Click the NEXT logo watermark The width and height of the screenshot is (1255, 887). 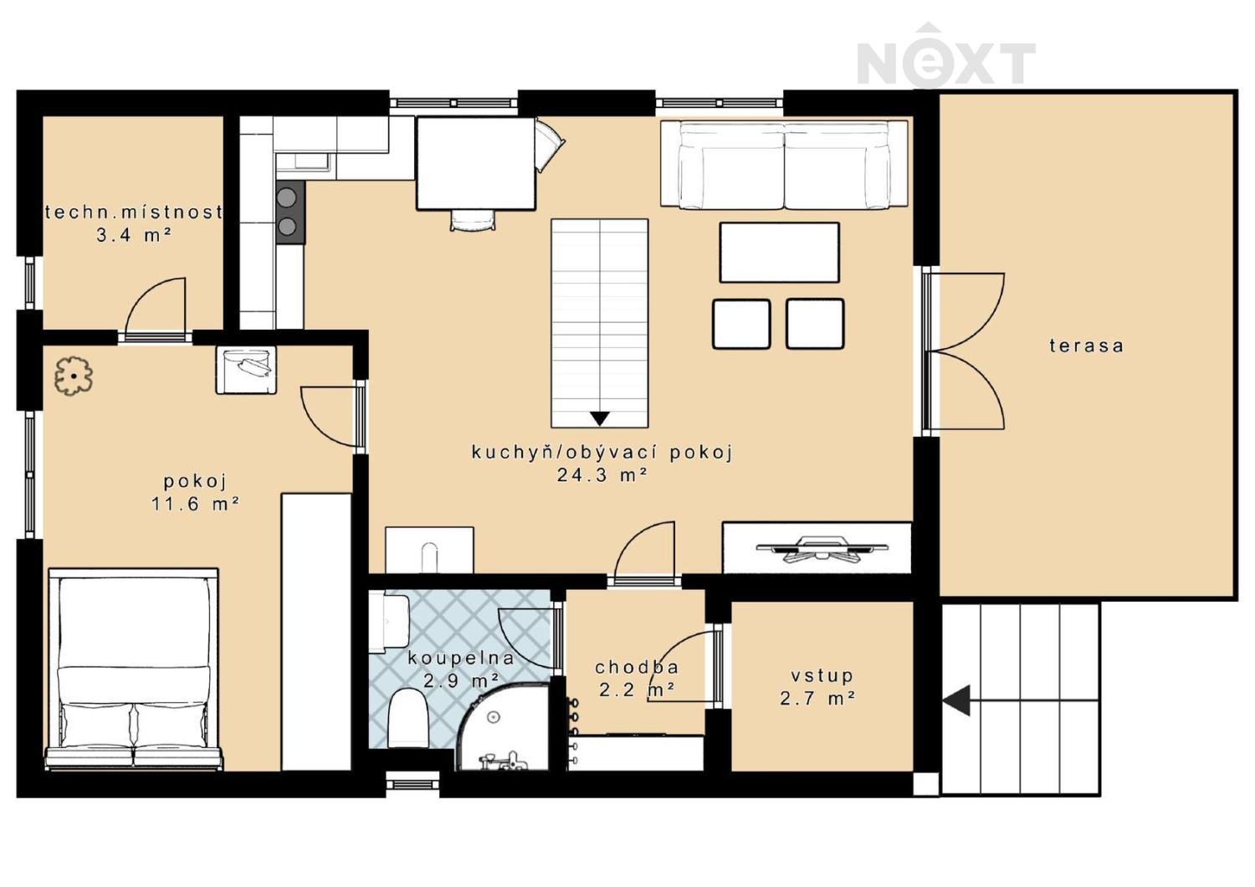click(945, 55)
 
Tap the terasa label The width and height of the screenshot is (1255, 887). click(1086, 346)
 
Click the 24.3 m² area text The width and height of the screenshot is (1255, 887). click(602, 475)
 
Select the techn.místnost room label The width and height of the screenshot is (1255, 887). click(133, 213)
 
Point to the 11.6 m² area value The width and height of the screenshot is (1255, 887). click(195, 504)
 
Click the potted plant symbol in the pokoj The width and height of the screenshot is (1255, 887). click(74, 377)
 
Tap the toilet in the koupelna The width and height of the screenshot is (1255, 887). click(408, 718)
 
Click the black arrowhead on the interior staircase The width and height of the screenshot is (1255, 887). click(600, 418)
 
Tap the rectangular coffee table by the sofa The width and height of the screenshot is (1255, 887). click(779, 252)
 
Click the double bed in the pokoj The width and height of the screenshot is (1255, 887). click(134, 669)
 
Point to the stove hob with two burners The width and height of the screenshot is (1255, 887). click(290, 212)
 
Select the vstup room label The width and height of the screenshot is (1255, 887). click(822, 676)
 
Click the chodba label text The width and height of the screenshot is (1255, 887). click(637, 668)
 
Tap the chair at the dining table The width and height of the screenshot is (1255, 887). click(474, 220)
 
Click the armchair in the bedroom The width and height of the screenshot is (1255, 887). click(246, 369)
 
